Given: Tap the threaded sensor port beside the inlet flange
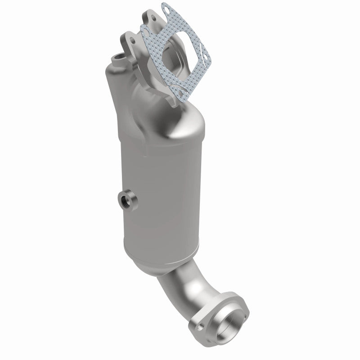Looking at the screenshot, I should [120, 57].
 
